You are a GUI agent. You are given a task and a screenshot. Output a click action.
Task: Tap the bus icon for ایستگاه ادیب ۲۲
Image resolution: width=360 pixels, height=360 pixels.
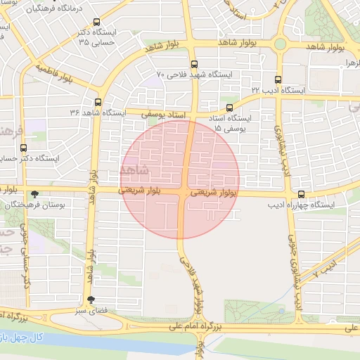tap(278, 79)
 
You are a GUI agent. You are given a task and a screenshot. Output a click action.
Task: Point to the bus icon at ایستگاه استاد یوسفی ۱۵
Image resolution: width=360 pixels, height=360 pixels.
tap(229, 108)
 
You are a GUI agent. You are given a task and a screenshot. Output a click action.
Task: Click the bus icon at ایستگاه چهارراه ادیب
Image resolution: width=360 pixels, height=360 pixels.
tap(302, 194)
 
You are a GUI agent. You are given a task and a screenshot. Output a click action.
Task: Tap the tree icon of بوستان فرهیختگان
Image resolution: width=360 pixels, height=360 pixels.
tap(35, 193)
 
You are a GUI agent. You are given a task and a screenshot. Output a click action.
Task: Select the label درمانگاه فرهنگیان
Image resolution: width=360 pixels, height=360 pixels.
tap(53, 9)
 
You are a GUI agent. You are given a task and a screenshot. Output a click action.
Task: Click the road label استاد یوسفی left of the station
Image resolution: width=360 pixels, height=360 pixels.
tap(167, 112)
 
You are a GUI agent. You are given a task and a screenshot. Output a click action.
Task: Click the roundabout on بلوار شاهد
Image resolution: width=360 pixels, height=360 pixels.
tap(280, 44)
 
